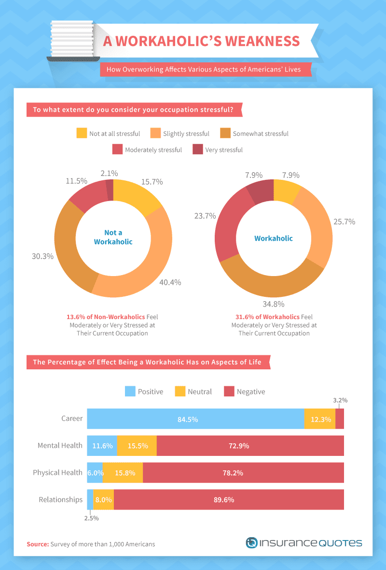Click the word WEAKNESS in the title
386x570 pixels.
pyautogui.click(x=262, y=41)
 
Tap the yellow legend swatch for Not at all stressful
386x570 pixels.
pyautogui.click(x=82, y=133)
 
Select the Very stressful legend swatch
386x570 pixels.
pyautogui.click(x=198, y=149)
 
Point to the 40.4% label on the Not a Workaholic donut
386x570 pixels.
pyautogui.click(x=170, y=282)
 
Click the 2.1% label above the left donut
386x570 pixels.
pyautogui.click(x=109, y=174)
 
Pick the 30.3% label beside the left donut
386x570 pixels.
pyautogui.click(x=42, y=256)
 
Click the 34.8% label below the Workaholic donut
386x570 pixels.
pyautogui.click(x=274, y=304)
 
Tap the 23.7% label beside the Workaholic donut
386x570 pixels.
pyautogui.click(x=205, y=216)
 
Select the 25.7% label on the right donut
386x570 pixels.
pyautogui.click(x=345, y=222)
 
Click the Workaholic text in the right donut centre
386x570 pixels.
pyautogui.click(x=274, y=238)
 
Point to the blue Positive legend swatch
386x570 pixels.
pyautogui.click(x=130, y=391)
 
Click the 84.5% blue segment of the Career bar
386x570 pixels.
pyautogui.click(x=195, y=419)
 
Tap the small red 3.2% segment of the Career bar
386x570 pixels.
pyautogui.click(x=340, y=419)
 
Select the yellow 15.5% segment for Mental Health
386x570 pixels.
pyautogui.click(x=137, y=446)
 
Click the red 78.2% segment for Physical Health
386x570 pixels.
pyautogui.click(x=244, y=472)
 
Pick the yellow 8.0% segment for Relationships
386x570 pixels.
pyautogui.click(x=104, y=499)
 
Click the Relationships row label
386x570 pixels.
pyautogui.click(x=61, y=499)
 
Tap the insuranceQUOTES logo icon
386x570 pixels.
pyautogui.click(x=251, y=543)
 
